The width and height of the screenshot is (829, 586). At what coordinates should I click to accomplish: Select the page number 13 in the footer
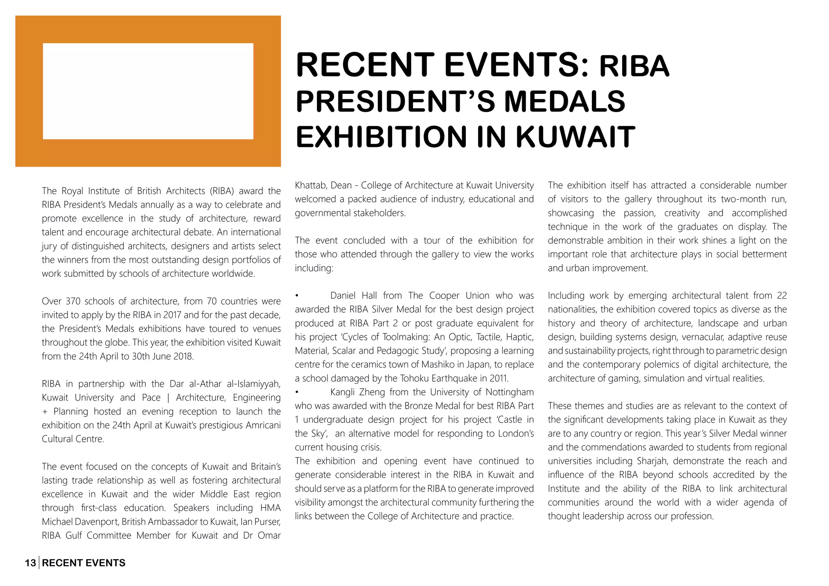(x=30, y=563)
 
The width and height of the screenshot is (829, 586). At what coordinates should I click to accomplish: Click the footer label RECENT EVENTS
(x=84, y=563)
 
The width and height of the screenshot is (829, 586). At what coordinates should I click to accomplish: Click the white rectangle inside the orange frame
(x=148, y=91)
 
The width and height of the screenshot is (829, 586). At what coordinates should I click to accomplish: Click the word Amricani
(x=263, y=425)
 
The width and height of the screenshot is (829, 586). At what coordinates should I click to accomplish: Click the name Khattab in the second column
(x=311, y=185)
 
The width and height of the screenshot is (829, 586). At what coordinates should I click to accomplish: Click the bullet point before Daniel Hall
(x=297, y=296)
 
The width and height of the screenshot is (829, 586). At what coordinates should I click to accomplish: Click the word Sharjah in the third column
(x=652, y=461)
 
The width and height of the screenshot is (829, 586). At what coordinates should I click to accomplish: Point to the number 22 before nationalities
(x=782, y=296)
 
